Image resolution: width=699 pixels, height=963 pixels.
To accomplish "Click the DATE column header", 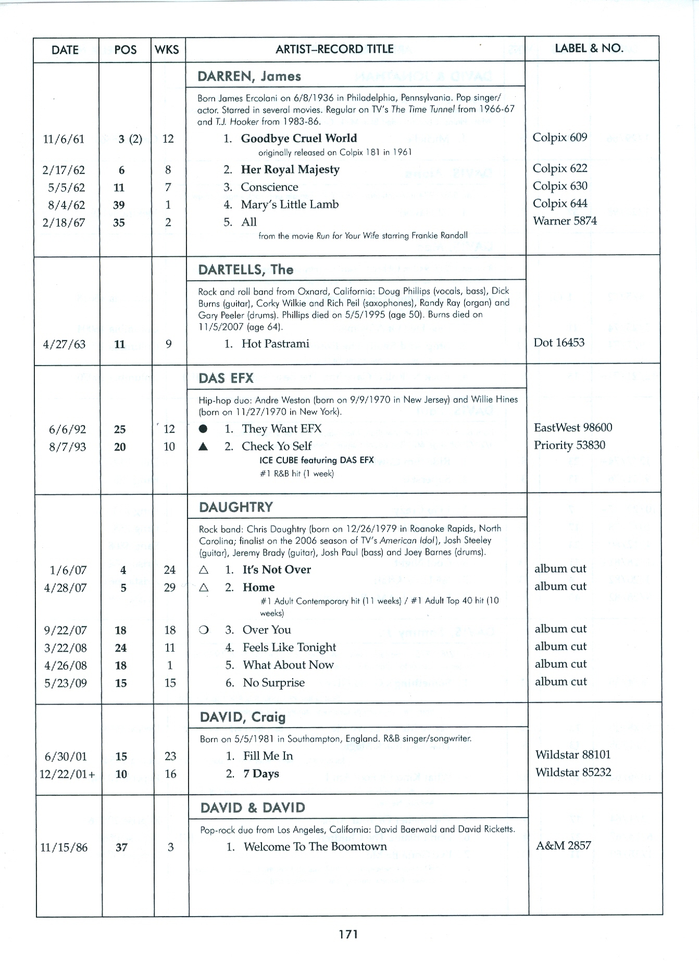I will click(x=65, y=50).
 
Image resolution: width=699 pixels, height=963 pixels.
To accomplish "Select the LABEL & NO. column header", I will click(x=589, y=48).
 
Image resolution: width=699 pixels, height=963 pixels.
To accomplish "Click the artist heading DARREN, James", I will click(x=249, y=77).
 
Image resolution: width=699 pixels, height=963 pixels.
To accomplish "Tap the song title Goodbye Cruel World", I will click(x=298, y=139).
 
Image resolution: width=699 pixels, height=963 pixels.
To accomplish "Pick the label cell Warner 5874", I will click(x=565, y=221).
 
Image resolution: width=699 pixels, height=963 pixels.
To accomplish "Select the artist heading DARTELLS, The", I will click(x=246, y=270).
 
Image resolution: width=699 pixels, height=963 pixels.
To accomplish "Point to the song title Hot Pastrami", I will click(x=275, y=344).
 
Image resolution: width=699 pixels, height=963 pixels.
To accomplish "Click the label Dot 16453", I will click(x=559, y=343).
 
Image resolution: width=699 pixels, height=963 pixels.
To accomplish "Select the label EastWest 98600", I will click(x=573, y=428).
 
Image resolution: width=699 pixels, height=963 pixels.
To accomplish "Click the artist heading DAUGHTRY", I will click(x=235, y=507).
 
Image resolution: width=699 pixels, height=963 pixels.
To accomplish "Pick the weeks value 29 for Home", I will click(x=170, y=587).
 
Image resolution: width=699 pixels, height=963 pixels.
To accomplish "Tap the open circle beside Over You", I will click(x=204, y=630).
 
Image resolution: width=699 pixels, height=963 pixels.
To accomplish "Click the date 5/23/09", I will click(x=66, y=683).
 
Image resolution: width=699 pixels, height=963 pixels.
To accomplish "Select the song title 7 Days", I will click(x=261, y=774).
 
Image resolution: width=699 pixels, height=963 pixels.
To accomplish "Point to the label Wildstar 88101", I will click(x=573, y=755).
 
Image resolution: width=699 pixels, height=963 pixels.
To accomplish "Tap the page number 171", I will click(x=348, y=934).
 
